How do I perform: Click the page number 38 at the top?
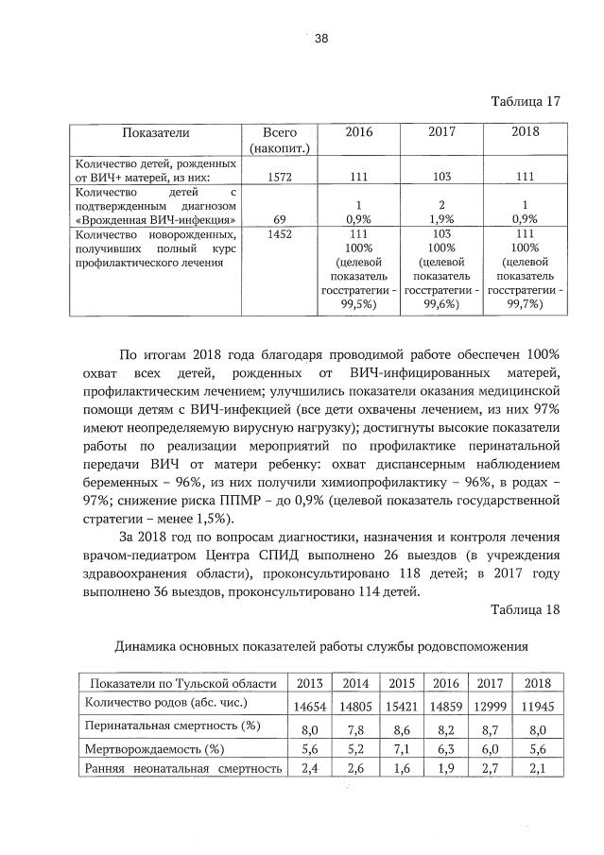320,39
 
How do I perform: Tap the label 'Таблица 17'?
526,102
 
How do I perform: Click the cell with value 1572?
279,176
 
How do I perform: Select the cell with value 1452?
279,232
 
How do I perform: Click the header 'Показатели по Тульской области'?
182,683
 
